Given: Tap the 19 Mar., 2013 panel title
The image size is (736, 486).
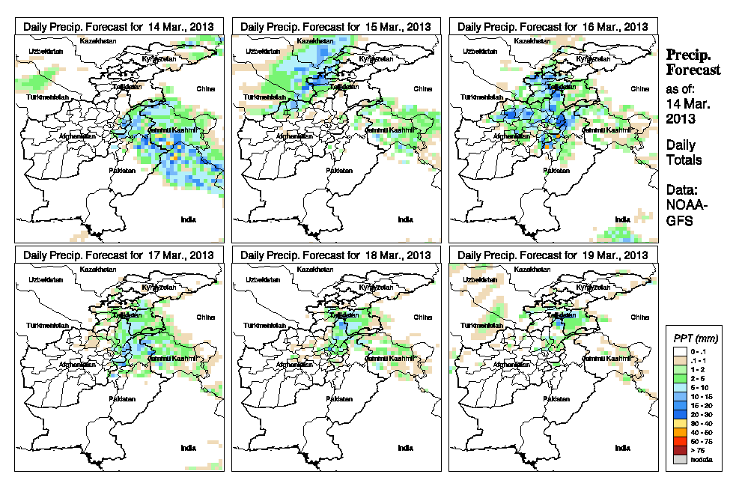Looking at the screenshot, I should (x=553, y=255).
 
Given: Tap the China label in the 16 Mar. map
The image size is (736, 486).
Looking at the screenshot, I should (x=639, y=88).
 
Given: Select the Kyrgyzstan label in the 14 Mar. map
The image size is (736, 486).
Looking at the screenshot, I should (x=159, y=59).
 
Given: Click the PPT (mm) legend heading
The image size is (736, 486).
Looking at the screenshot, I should (x=694, y=339).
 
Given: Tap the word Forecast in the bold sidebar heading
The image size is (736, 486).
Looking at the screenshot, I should (x=693, y=70).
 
